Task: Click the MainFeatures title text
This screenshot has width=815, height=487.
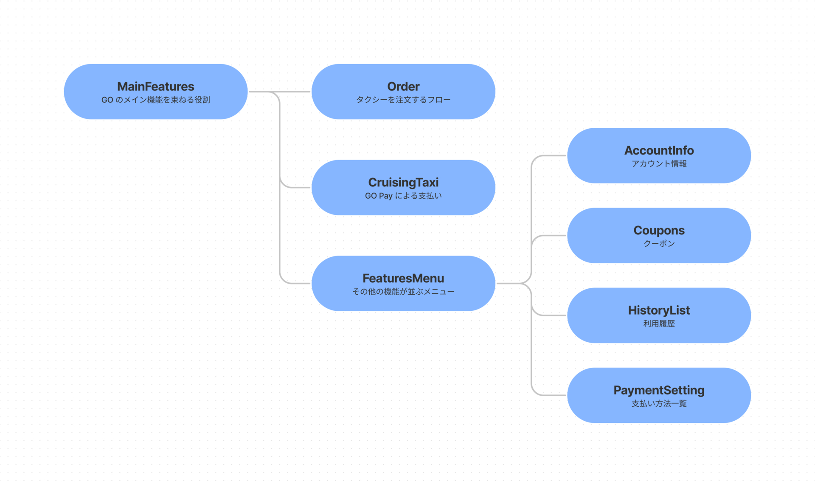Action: coord(155,87)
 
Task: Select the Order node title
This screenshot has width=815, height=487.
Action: coord(403,87)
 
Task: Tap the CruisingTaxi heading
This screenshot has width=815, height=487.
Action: coord(403,183)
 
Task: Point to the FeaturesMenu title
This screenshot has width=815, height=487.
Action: coord(403,279)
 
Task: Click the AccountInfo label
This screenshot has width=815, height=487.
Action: coord(659,151)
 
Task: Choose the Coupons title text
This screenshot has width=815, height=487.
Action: coord(659,231)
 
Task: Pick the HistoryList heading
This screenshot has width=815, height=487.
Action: coord(659,310)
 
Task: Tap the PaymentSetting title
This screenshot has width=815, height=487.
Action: coord(659,390)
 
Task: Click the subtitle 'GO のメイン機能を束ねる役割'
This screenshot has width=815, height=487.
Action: coord(155,100)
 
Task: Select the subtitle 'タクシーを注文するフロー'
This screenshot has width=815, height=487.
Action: coord(403,100)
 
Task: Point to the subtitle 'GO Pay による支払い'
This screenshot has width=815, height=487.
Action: coord(403,196)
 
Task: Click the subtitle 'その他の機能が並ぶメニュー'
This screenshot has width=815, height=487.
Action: coord(403,292)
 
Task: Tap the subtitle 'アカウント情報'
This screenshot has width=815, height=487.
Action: coord(659,164)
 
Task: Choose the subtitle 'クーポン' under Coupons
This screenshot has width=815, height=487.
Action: coord(659,244)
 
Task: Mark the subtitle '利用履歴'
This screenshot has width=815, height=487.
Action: coord(659,324)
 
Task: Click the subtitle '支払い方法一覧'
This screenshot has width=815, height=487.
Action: coord(659,403)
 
